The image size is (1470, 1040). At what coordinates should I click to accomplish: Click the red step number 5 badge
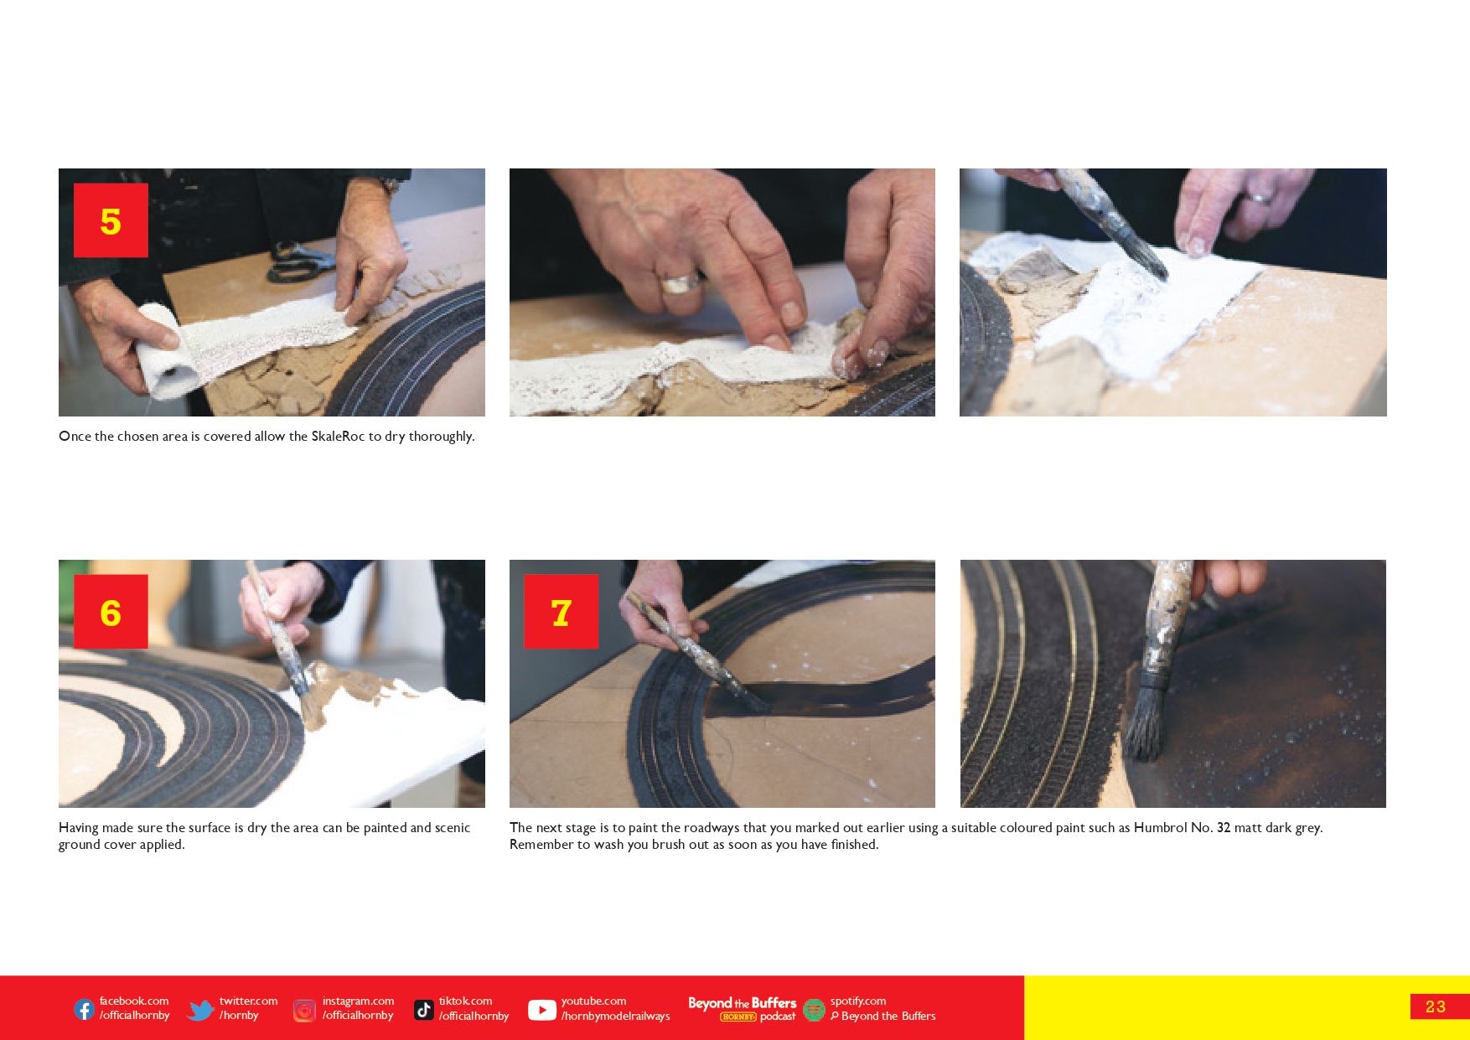[111, 220]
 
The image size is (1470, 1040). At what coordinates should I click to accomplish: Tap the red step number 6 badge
[111, 612]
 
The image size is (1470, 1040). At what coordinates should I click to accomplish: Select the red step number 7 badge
[562, 612]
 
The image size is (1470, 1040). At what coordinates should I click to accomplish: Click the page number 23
[1436, 1006]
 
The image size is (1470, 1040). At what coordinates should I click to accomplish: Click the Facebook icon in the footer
[85, 1009]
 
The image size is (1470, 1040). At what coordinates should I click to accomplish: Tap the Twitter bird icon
[200, 1010]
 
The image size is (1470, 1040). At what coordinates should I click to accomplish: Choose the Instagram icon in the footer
[304, 1011]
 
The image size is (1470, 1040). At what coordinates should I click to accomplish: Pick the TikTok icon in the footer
[424, 1010]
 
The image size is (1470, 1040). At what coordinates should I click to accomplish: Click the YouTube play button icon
[542, 1011]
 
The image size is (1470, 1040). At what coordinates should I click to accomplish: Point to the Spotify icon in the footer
[814, 1010]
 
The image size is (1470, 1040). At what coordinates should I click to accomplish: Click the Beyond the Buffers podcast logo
[743, 1009]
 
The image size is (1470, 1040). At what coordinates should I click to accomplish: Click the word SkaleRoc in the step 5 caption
[338, 437]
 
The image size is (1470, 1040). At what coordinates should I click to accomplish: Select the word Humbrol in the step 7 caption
[1160, 828]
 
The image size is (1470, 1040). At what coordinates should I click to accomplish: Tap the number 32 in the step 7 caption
[1224, 828]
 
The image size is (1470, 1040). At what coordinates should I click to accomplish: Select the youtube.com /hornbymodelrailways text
[615, 1008]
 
